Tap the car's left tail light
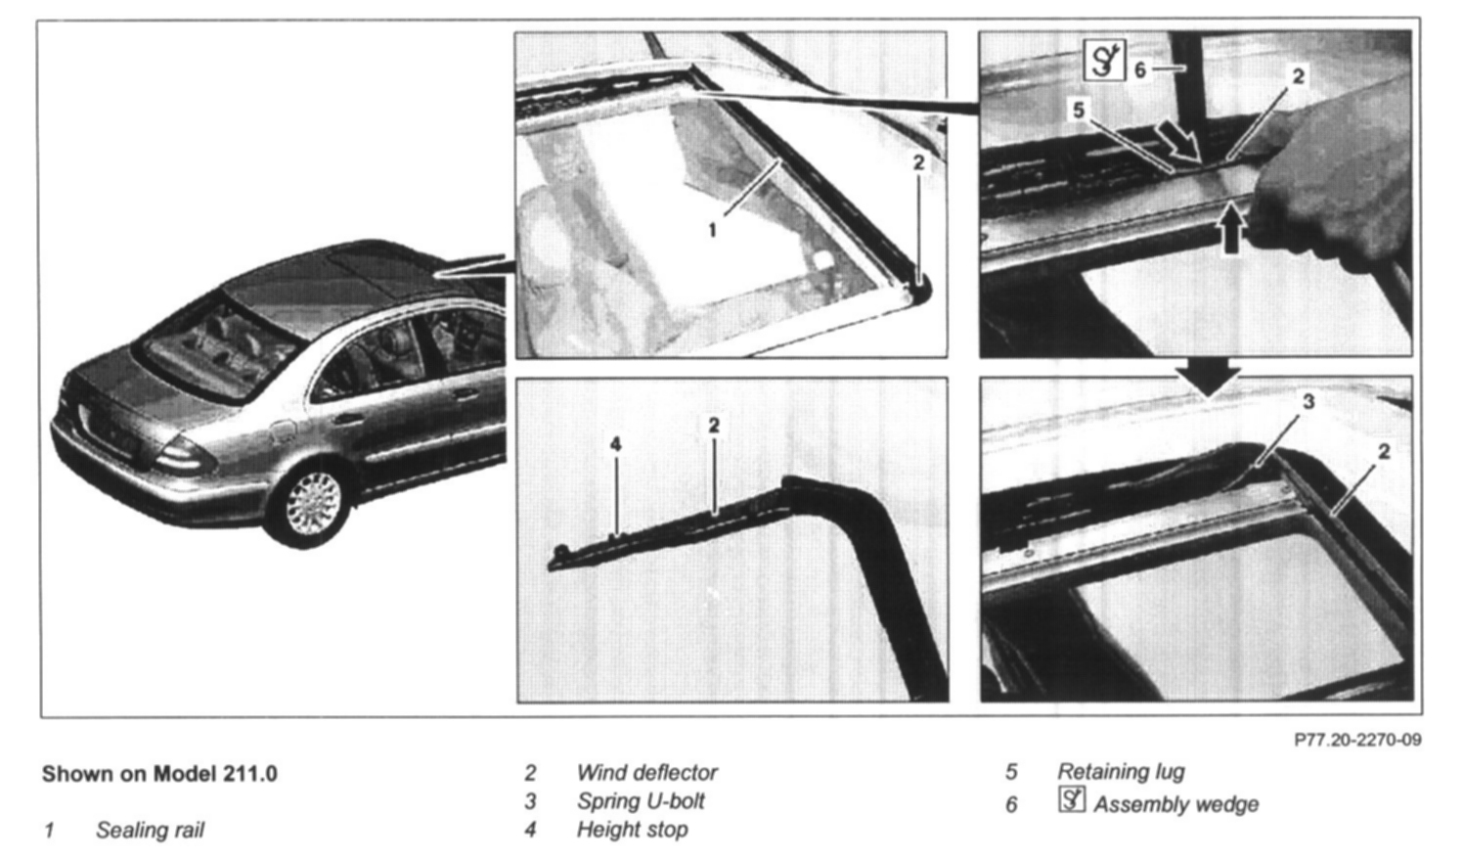[185, 454]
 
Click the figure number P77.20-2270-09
[1357, 740]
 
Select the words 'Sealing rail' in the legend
[151, 830]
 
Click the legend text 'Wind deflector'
[647, 773]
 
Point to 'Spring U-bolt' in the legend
[641, 801]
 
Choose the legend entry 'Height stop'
[632, 830]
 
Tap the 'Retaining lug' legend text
[1121, 772]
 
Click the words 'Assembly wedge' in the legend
[1176, 804]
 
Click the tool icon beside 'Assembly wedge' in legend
[1072, 800]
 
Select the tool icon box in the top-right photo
[1104, 60]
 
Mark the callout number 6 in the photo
[1140, 69]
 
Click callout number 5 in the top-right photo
[1079, 111]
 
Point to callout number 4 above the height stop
[615, 445]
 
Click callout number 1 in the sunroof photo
[713, 231]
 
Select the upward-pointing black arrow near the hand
[1231, 228]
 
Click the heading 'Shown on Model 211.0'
[160, 774]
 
